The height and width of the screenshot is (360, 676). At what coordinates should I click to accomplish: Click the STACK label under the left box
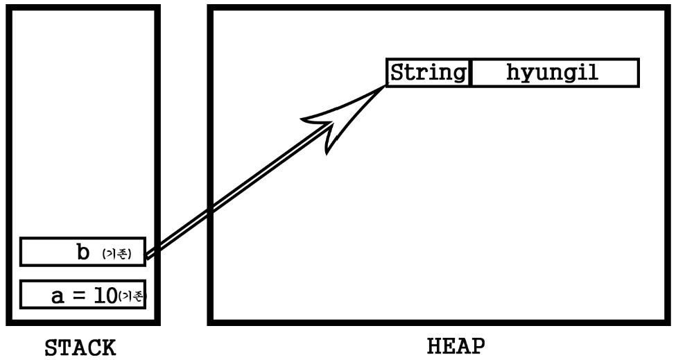click(80, 348)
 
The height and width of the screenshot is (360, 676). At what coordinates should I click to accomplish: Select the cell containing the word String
click(428, 73)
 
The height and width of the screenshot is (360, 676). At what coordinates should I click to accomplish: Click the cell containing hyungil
click(553, 73)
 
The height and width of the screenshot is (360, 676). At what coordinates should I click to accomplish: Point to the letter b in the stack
click(83, 252)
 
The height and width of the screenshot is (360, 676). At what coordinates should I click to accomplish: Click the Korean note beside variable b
click(116, 254)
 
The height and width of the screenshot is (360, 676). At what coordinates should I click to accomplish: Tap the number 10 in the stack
click(106, 296)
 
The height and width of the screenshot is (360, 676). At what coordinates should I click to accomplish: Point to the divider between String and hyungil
click(471, 73)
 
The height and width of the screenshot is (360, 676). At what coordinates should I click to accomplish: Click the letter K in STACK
click(108, 348)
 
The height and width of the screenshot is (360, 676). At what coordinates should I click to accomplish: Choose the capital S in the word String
click(397, 72)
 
